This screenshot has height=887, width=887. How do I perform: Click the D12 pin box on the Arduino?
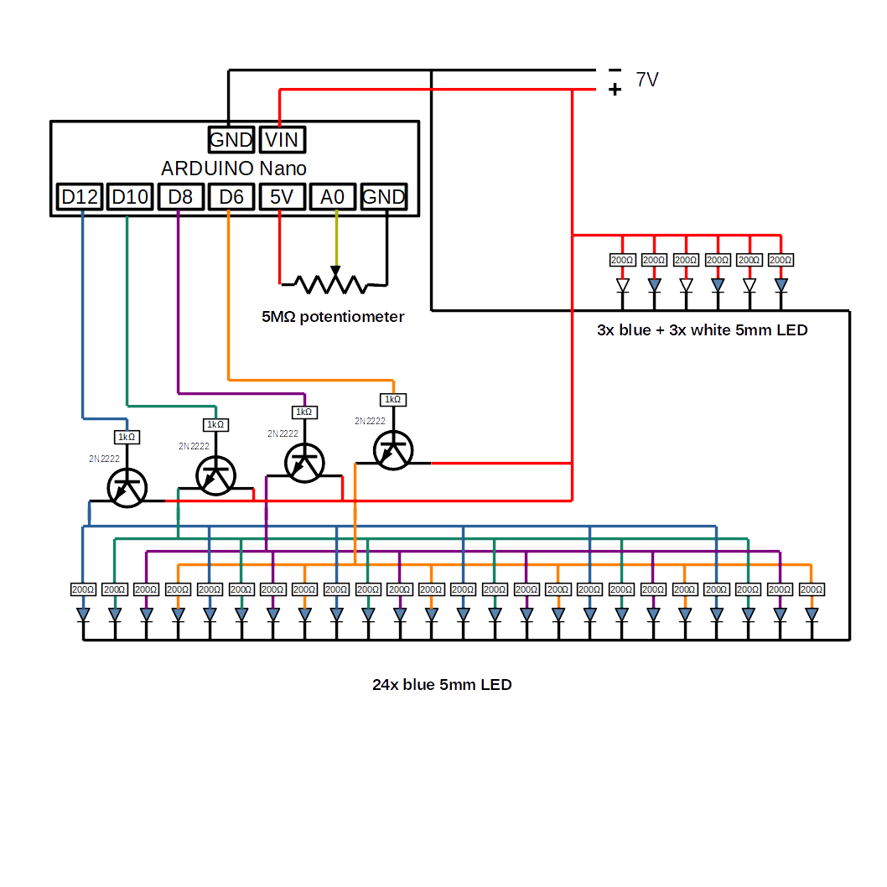(x=80, y=198)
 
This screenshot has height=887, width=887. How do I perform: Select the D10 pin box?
(x=130, y=198)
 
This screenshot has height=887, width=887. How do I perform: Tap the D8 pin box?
(x=180, y=198)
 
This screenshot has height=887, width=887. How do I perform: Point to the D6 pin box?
(x=231, y=198)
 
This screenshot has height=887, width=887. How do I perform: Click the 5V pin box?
(x=281, y=198)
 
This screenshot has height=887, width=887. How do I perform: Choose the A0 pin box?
(x=333, y=198)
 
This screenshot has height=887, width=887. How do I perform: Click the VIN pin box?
(x=282, y=140)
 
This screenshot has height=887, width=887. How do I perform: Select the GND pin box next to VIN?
(x=231, y=140)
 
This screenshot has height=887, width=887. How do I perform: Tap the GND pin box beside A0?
(x=384, y=198)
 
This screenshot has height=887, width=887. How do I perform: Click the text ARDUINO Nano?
(x=234, y=169)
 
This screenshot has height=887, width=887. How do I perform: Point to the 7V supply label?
(x=646, y=80)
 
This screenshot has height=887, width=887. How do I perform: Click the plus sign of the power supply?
(x=615, y=89)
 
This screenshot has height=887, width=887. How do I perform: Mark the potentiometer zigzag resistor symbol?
(x=333, y=283)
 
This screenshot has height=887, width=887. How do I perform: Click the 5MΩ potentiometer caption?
(x=333, y=317)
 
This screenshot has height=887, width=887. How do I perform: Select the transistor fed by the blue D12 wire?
(x=127, y=488)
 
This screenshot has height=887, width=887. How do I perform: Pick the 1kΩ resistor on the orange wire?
(x=392, y=400)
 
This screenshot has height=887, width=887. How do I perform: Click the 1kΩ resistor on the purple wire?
(x=303, y=412)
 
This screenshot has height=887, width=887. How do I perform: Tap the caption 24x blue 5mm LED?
(x=442, y=685)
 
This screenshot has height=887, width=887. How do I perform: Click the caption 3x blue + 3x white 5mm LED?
(x=702, y=330)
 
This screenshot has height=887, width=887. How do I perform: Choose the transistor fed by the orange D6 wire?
(x=392, y=450)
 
